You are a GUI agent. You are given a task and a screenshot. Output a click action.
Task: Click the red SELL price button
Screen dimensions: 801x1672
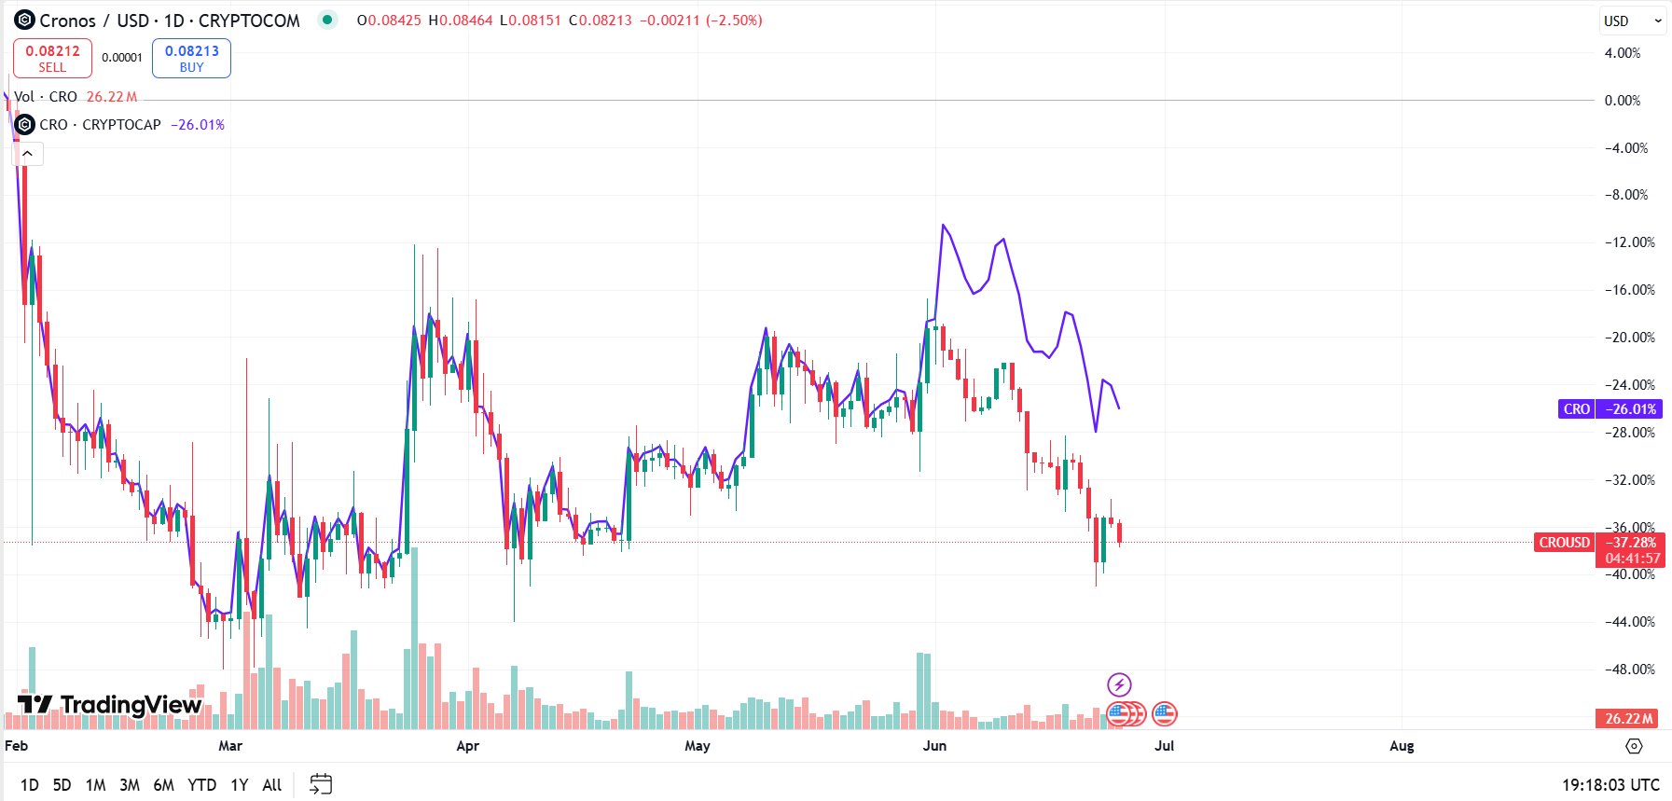[52, 58]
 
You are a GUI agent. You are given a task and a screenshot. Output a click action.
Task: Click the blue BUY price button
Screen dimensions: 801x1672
[191, 58]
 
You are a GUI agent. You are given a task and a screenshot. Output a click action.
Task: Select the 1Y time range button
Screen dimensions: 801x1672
[239, 784]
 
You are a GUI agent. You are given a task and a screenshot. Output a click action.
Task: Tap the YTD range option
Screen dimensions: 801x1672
[201, 784]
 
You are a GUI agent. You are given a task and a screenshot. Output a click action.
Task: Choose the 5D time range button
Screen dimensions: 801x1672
[62, 784]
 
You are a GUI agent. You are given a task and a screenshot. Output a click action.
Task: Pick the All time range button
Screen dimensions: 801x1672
[271, 784]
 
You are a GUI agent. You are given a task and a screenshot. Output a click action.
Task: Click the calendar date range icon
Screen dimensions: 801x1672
[321, 784]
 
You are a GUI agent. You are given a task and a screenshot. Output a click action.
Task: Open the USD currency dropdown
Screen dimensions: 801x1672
[1631, 21]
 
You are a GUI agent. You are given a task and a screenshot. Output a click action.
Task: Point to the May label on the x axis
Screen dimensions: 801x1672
[697, 745]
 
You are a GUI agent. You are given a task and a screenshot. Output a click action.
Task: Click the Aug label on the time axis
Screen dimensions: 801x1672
[1401, 745]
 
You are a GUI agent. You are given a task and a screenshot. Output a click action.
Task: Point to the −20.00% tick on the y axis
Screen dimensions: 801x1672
[1629, 337]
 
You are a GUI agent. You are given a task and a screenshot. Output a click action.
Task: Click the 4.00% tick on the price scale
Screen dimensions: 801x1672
[1622, 53]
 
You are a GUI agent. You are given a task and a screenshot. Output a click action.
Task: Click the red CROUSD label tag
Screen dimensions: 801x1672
[1564, 542]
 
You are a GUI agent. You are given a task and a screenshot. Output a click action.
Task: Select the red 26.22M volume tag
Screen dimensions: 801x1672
[1628, 718]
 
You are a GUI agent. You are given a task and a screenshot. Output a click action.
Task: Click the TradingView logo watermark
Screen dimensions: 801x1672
[110, 704]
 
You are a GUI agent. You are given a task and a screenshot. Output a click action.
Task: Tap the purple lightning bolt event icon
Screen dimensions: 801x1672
[1118, 684]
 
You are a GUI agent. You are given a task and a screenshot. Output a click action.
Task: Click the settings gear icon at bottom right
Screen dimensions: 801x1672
[1633, 745]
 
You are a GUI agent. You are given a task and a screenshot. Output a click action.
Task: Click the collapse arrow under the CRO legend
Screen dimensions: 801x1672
[28, 154]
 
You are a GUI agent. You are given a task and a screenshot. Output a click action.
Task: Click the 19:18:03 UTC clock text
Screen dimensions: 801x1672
[1610, 784]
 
